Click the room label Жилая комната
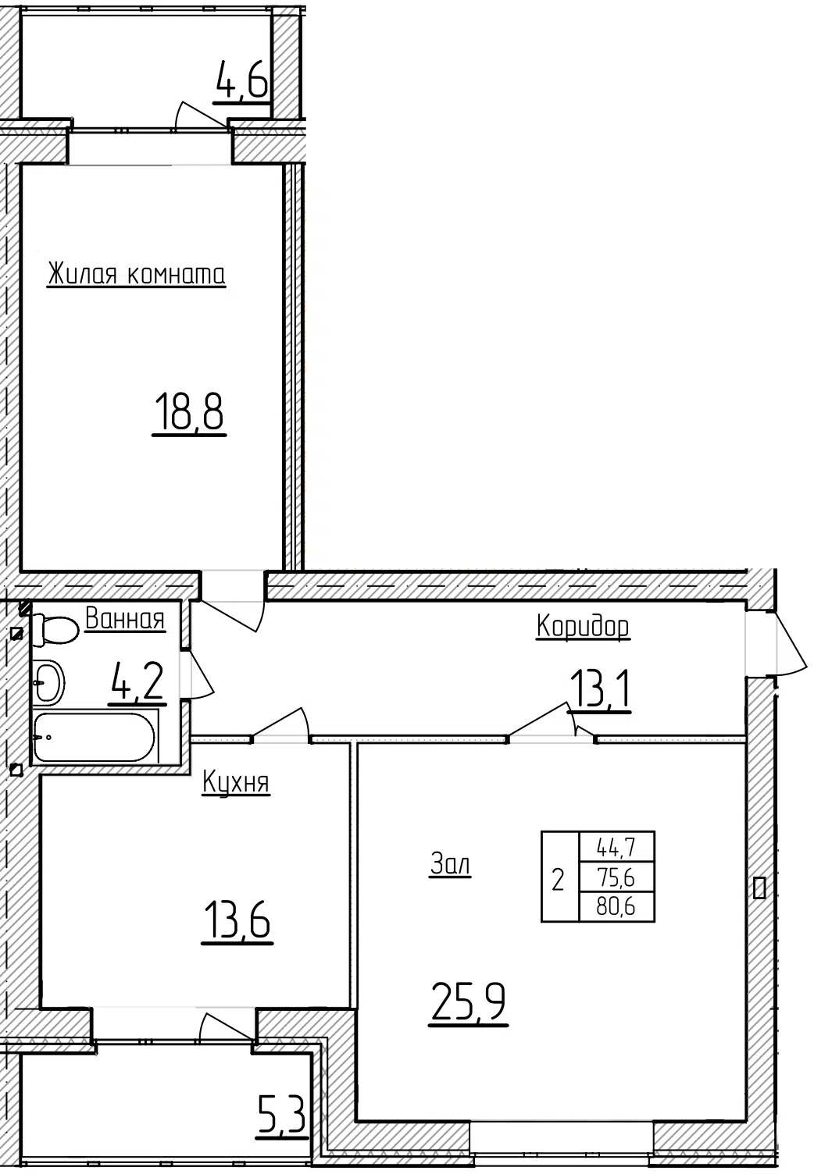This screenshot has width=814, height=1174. [x=137, y=273]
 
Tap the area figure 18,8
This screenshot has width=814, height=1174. [x=189, y=412]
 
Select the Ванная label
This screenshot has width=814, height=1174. [x=125, y=618]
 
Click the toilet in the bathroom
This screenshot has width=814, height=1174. [x=55, y=629]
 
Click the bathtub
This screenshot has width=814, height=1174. [x=95, y=737]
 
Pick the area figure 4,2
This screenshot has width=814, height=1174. [x=137, y=681]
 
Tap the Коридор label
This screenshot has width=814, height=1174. [x=583, y=626]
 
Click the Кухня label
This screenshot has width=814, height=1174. [x=235, y=783]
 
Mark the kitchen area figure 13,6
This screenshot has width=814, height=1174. [x=237, y=919]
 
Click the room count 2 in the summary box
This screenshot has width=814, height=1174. [x=558, y=880]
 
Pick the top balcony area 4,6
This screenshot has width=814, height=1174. [x=242, y=79]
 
